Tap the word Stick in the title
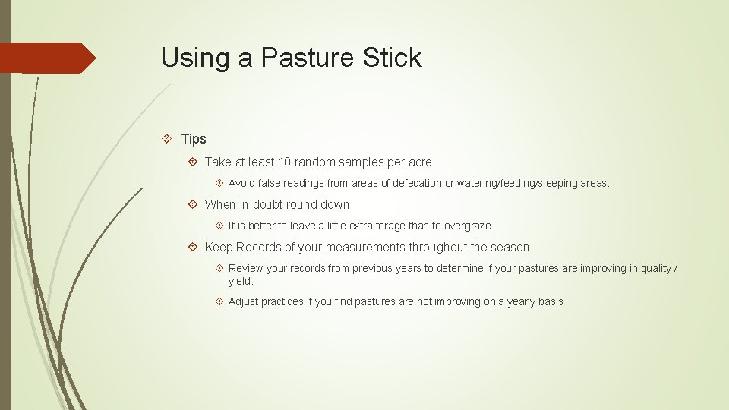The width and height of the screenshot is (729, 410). [x=393, y=58]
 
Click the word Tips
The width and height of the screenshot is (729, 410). [x=194, y=139]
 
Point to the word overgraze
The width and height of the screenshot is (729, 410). [x=467, y=225]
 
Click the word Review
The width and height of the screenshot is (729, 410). [x=245, y=268]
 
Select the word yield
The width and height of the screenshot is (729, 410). [x=240, y=281]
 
